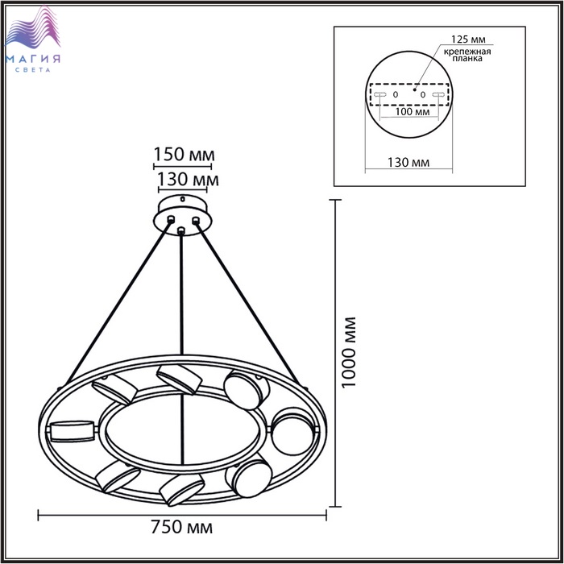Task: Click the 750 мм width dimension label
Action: click(181, 527)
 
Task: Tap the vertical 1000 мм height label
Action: click(349, 352)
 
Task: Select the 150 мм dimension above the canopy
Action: click(185, 155)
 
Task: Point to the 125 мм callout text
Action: click(468, 39)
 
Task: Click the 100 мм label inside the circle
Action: click(413, 111)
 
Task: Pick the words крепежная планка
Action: click(467, 55)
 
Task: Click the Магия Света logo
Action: click(33, 39)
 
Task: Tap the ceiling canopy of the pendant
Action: click(183, 215)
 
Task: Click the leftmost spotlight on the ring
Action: click(73, 431)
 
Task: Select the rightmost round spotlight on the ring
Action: click(292, 431)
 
